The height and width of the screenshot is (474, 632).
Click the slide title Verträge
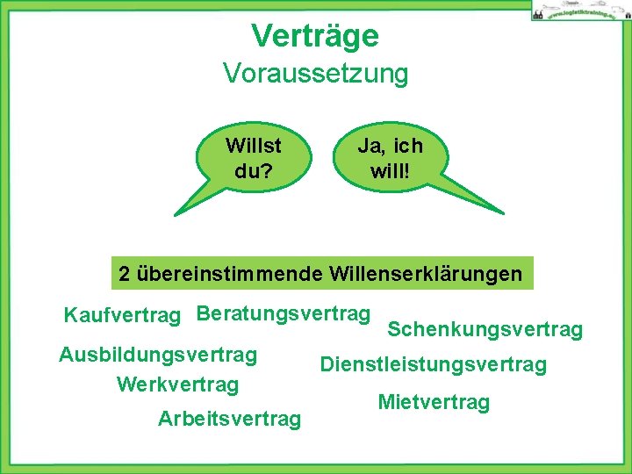pos(315,36)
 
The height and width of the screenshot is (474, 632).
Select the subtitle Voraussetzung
pos(315,74)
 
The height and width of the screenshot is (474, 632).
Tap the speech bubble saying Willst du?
pos(253,156)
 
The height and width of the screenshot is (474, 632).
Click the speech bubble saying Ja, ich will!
pos(390,156)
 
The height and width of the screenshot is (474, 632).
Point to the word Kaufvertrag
pos(122,315)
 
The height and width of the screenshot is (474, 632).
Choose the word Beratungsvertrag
pos(284,313)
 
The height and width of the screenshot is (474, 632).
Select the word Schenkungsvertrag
pos(485,329)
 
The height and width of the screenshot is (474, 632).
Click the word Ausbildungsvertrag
pos(158,355)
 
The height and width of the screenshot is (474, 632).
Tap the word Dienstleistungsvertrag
pos(433,363)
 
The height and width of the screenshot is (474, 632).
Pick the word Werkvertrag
pos(177,384)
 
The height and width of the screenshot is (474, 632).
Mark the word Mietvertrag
pos(434,402)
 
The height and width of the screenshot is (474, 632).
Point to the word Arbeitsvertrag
pos(229,419)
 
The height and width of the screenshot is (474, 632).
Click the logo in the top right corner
pos(576,11)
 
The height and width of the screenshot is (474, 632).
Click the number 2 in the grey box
pos(124,274)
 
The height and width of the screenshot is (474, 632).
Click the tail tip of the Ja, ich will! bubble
pos(504,213)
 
